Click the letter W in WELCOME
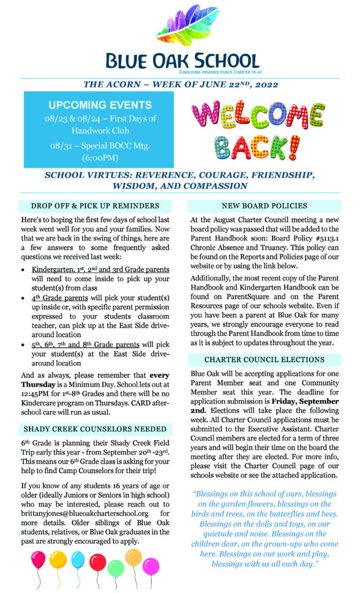(208, 115)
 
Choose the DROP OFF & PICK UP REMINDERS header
(95, 206)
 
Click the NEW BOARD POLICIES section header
(265, 206)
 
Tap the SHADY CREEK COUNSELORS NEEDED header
(95, 429)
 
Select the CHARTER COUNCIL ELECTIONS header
(265, 360)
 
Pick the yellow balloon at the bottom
(58, 560)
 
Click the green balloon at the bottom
(116, 566)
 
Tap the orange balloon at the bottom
(133, 557)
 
